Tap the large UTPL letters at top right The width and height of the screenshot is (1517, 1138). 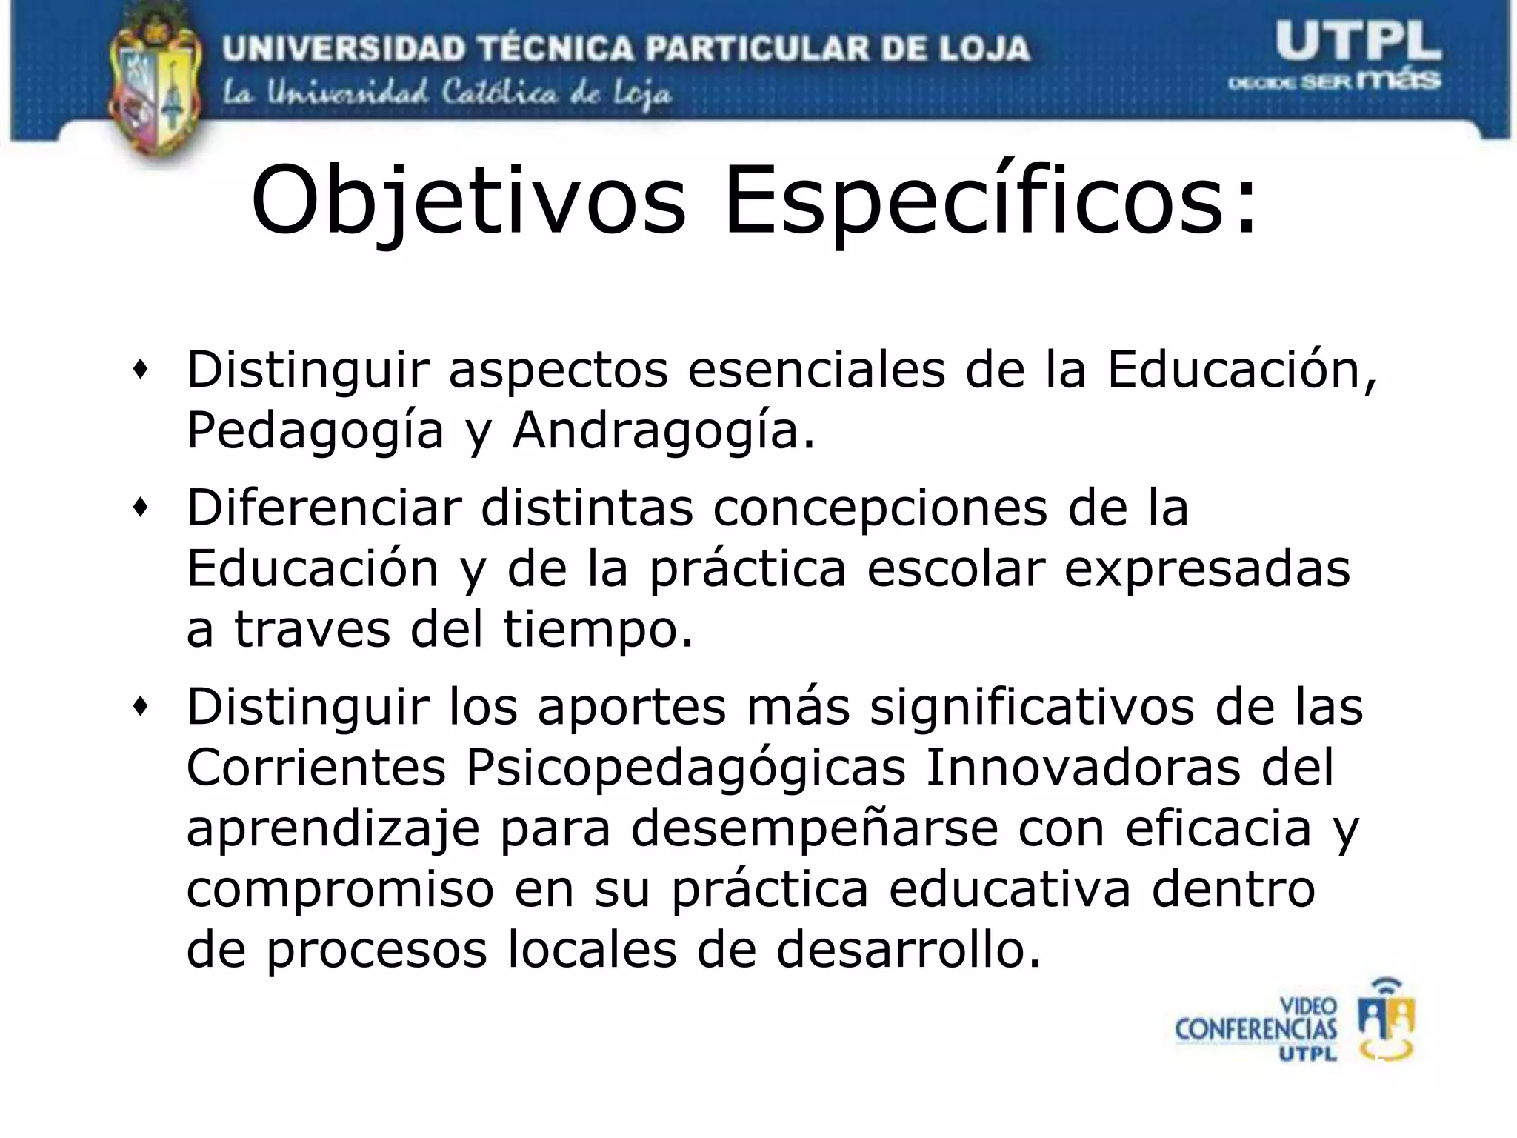1358,41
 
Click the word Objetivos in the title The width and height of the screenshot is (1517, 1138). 468,202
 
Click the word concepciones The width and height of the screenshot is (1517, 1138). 880,508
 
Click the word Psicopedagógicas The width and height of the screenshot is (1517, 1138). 685,768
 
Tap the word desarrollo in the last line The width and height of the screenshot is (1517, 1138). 908,950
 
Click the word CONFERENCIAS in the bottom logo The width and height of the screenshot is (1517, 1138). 1256,1029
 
